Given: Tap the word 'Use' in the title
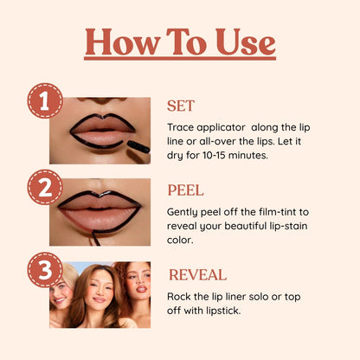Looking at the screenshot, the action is click(246, 42).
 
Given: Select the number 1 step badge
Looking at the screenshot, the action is click(45, 100).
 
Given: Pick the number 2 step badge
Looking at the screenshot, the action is click(45, 187).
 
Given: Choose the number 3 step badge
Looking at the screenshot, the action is click(45, 270).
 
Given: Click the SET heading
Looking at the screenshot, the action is click(181, 106).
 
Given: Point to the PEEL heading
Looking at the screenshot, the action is click(186, 190).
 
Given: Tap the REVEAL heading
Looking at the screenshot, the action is click(197, 274).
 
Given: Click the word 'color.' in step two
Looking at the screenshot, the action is click(179, 240).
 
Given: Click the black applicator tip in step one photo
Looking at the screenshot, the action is click(138, 146).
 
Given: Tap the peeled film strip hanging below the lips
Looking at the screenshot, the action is click(95, 238).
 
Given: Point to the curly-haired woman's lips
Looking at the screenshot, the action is click(142, 289).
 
